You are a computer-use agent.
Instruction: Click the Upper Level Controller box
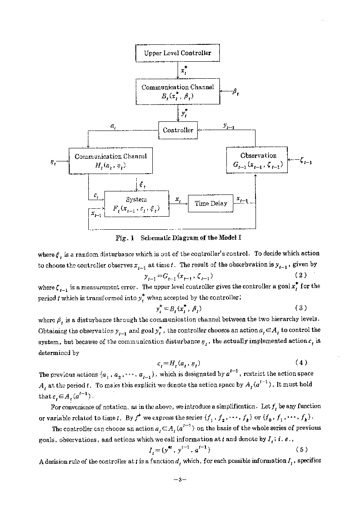tap(178, 53)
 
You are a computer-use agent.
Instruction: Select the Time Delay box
tap(211, 203)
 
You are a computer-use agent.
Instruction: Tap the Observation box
tap(258, 160)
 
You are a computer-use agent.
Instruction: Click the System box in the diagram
tap(136, 204)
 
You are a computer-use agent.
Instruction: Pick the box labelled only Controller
tap(178, 130)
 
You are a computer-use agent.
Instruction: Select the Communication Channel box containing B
tap(178, 91)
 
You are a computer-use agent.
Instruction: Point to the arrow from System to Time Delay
tap(178, 203)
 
